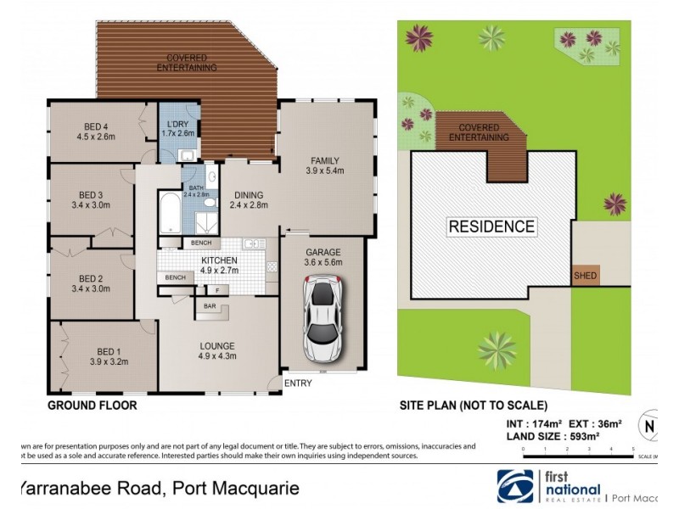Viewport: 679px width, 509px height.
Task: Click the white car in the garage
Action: click(323, 322)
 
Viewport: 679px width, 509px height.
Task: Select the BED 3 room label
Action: click(92, 193)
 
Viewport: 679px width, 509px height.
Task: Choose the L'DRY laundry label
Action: click(178, 124)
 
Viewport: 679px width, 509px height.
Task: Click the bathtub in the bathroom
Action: click(168, 215)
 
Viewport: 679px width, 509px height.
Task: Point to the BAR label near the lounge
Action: click(206, 306)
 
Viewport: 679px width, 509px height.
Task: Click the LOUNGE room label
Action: click(218, 345)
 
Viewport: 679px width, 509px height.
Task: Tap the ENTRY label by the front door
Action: click(298, 383)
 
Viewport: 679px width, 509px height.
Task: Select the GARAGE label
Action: click(323, 253)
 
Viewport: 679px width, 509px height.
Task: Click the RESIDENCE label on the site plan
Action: click(491, 227)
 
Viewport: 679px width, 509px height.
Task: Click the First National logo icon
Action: click(514, 485)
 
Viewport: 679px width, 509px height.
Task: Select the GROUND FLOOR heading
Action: click(92, 406)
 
